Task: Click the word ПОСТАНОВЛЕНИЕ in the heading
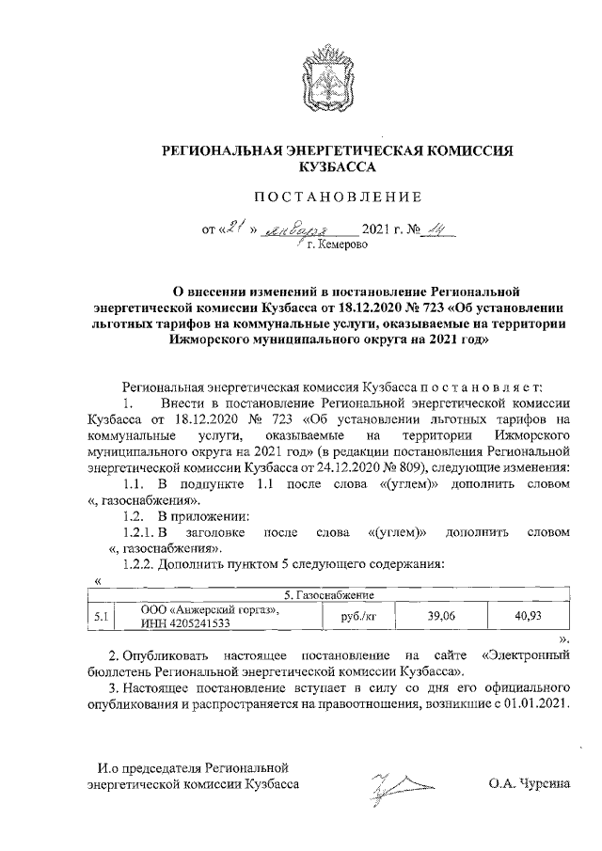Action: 335,197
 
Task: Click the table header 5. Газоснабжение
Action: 330,595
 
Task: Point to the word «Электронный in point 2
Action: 528,654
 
